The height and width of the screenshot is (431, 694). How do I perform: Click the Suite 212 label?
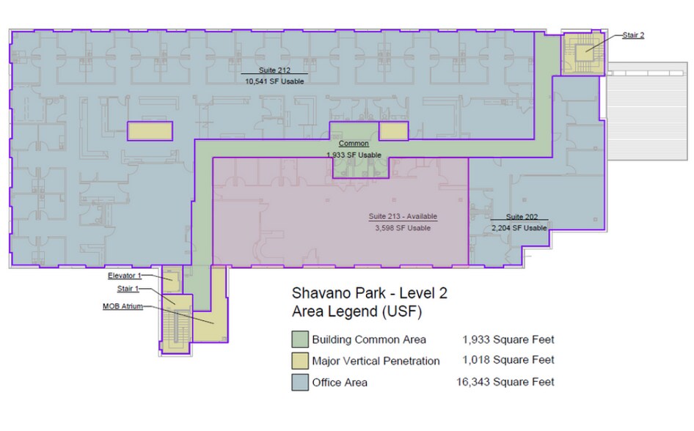coord(274,70)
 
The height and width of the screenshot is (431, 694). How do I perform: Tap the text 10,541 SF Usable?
coord(274,81)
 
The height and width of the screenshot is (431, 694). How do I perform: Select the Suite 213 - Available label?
coord(403,216)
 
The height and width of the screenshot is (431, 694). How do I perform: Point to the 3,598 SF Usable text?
coord(403,228)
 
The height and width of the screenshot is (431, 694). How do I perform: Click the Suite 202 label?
coord(522,217)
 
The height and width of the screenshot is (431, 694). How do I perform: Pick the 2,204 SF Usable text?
coord(519,228)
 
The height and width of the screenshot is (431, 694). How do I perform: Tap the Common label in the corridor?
coord(354,143)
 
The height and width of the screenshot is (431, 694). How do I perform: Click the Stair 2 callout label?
coord(633,35)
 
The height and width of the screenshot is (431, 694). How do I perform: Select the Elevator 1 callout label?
coord(125,276)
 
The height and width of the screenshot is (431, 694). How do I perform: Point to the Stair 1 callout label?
coord(128,289)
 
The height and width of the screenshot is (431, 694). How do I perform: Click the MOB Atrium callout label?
coord(123,306)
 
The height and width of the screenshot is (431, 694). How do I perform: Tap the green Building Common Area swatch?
coord(299,339)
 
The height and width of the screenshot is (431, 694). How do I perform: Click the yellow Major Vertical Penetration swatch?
coord(299,361)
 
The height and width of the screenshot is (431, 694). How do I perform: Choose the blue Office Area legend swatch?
coord(299,383)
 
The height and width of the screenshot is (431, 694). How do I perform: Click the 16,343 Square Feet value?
coord(505,382)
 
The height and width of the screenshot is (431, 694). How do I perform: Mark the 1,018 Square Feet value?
coord(508,361)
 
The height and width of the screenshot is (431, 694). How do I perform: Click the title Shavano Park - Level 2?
coord(370,293)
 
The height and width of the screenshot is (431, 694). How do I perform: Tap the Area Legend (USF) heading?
coord(357,312)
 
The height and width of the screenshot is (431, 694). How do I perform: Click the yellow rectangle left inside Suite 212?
coord(150,131)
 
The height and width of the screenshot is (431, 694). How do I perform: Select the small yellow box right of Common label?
coord(393,131)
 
